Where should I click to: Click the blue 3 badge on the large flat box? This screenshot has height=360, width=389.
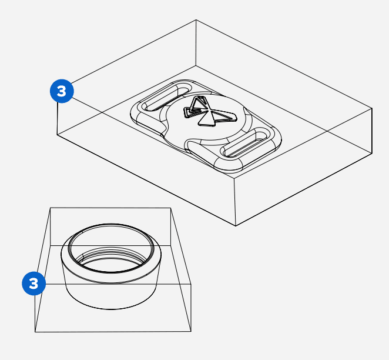tap(62, 91)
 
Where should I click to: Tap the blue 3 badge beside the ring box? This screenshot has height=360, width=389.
tap(33, 283)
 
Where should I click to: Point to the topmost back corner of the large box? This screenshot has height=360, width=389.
tap(196, 20)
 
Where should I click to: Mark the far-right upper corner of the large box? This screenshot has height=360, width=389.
tap(373, 108)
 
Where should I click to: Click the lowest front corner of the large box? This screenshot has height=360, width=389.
tap(236, 226)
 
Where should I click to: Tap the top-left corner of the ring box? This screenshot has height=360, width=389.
tap(51, 208)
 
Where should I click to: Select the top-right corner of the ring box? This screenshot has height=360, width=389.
tap(170, 208)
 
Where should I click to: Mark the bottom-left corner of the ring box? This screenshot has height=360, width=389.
tap(35, 332)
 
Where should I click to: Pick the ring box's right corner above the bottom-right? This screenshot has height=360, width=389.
tap(192, 285)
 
